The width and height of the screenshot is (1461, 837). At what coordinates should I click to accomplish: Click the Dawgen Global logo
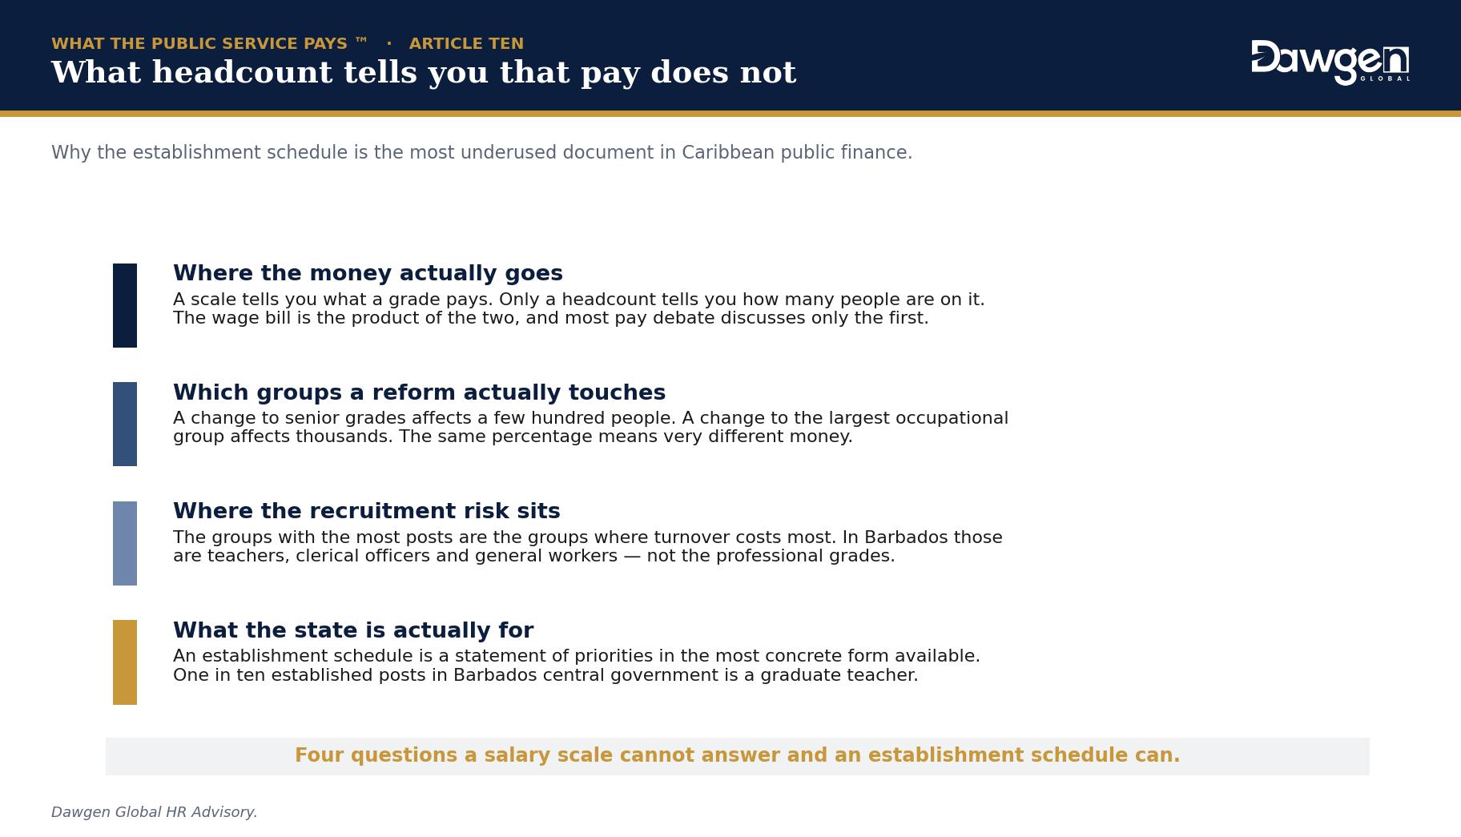pos(1330,62)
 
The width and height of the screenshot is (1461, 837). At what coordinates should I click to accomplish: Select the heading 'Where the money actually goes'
pos(368,273)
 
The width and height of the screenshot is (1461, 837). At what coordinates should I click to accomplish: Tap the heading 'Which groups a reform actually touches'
pos(419,392)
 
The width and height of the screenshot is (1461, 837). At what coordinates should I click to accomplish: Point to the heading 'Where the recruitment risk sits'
pos(366,511)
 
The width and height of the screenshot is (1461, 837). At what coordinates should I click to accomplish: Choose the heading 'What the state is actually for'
pos(353,630)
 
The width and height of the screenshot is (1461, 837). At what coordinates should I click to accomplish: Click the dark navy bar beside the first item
pos(125,305)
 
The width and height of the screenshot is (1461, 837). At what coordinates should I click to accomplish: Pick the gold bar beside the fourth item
pos(125,662)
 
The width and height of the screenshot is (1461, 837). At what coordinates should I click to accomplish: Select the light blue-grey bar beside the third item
pos(125,543)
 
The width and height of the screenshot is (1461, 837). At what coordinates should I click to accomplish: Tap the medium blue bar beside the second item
pos(125,424)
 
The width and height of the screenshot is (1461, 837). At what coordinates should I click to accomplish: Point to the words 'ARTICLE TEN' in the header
pos(466,43)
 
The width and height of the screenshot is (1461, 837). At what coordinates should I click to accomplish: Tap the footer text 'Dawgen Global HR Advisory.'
pos(155,812)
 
